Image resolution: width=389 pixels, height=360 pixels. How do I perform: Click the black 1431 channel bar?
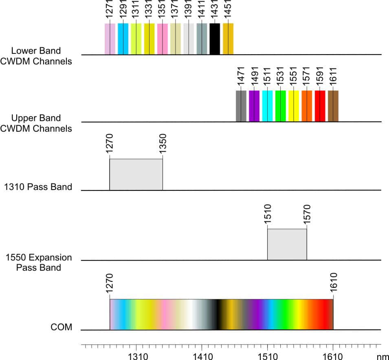215,39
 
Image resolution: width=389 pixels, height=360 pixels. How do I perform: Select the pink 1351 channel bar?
162,39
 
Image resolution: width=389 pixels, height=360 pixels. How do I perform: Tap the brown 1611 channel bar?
333,106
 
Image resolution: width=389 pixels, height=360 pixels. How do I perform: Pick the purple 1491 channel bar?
254,106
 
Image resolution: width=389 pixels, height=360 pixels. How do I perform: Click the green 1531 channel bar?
280,106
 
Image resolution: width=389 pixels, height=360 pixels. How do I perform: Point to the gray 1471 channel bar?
241,106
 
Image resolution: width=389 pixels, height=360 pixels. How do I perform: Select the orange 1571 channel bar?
307,106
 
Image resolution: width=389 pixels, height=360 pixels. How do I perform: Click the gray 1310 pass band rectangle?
136,174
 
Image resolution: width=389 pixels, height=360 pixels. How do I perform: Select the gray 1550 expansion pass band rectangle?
287,245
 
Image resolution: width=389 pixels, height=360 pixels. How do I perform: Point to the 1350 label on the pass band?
163,144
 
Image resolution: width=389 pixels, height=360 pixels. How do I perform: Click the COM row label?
61,327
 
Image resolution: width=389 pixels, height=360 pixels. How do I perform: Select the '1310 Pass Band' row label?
38,187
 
